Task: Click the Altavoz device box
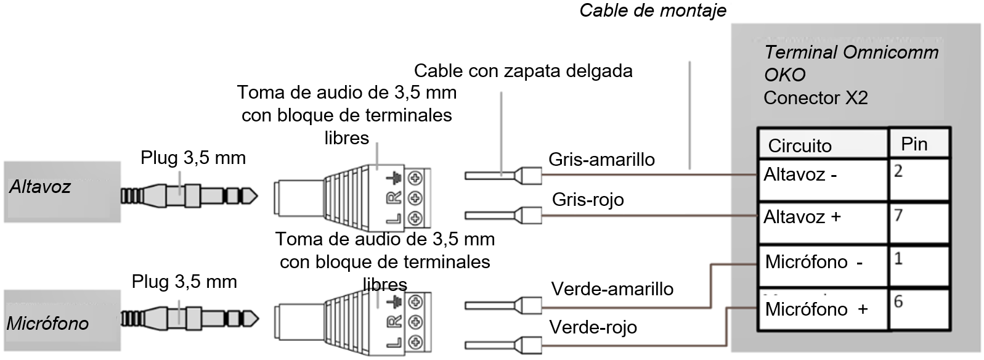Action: (x=62, y=191)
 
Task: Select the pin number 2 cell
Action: (x=918, y=179)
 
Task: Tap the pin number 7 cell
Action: (x=918, y=222)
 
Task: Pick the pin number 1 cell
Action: (x=918, y=265)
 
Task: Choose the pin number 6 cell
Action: (x=918, y=308)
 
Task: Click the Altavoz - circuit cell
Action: (x=822, y=179)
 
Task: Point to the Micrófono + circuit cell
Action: (x=822, y=308)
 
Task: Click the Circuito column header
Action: (x=800, y=145)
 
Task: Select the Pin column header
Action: (x=914, y=144)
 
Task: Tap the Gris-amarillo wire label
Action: (x=601, y=160)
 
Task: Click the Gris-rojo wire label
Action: (x=588, y=199)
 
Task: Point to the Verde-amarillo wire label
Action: (x=612, y=289)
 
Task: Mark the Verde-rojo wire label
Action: (x=593, y=327)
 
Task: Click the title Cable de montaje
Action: (x=653, y=10)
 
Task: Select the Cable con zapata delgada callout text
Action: (x=523, y=71)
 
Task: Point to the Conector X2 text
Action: (x=815, y=98)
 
